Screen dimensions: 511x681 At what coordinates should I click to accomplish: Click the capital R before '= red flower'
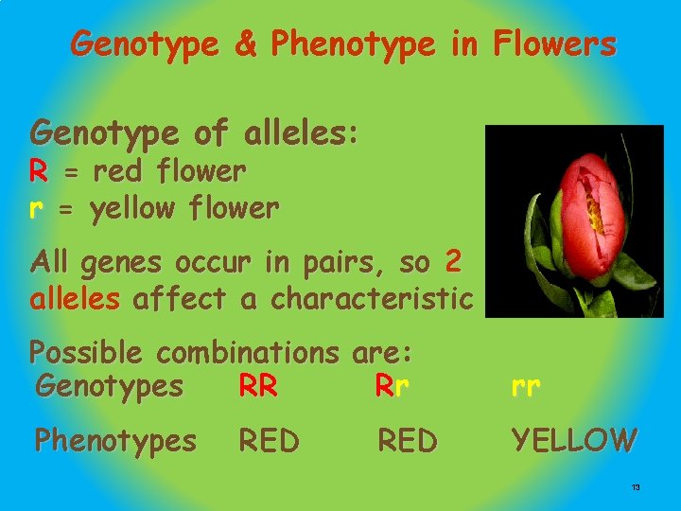pos(39,171)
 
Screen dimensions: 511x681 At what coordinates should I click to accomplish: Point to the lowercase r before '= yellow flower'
pos(38,208)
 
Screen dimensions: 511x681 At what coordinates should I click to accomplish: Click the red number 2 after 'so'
pos(453,261)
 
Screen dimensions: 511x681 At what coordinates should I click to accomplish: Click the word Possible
pos(86,353)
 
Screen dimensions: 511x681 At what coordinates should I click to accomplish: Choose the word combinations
pos(249,353)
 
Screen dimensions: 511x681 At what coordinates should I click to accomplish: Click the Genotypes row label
pos(109,386)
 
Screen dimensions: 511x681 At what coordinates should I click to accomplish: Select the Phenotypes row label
pos(115,440)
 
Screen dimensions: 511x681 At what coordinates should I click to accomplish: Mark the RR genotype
pos(258,386)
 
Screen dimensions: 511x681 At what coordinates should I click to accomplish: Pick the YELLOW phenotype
pos(574,440)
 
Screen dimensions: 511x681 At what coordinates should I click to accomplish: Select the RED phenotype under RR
pos(269,440)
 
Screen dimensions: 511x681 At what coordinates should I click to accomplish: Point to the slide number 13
pos(636,486)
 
